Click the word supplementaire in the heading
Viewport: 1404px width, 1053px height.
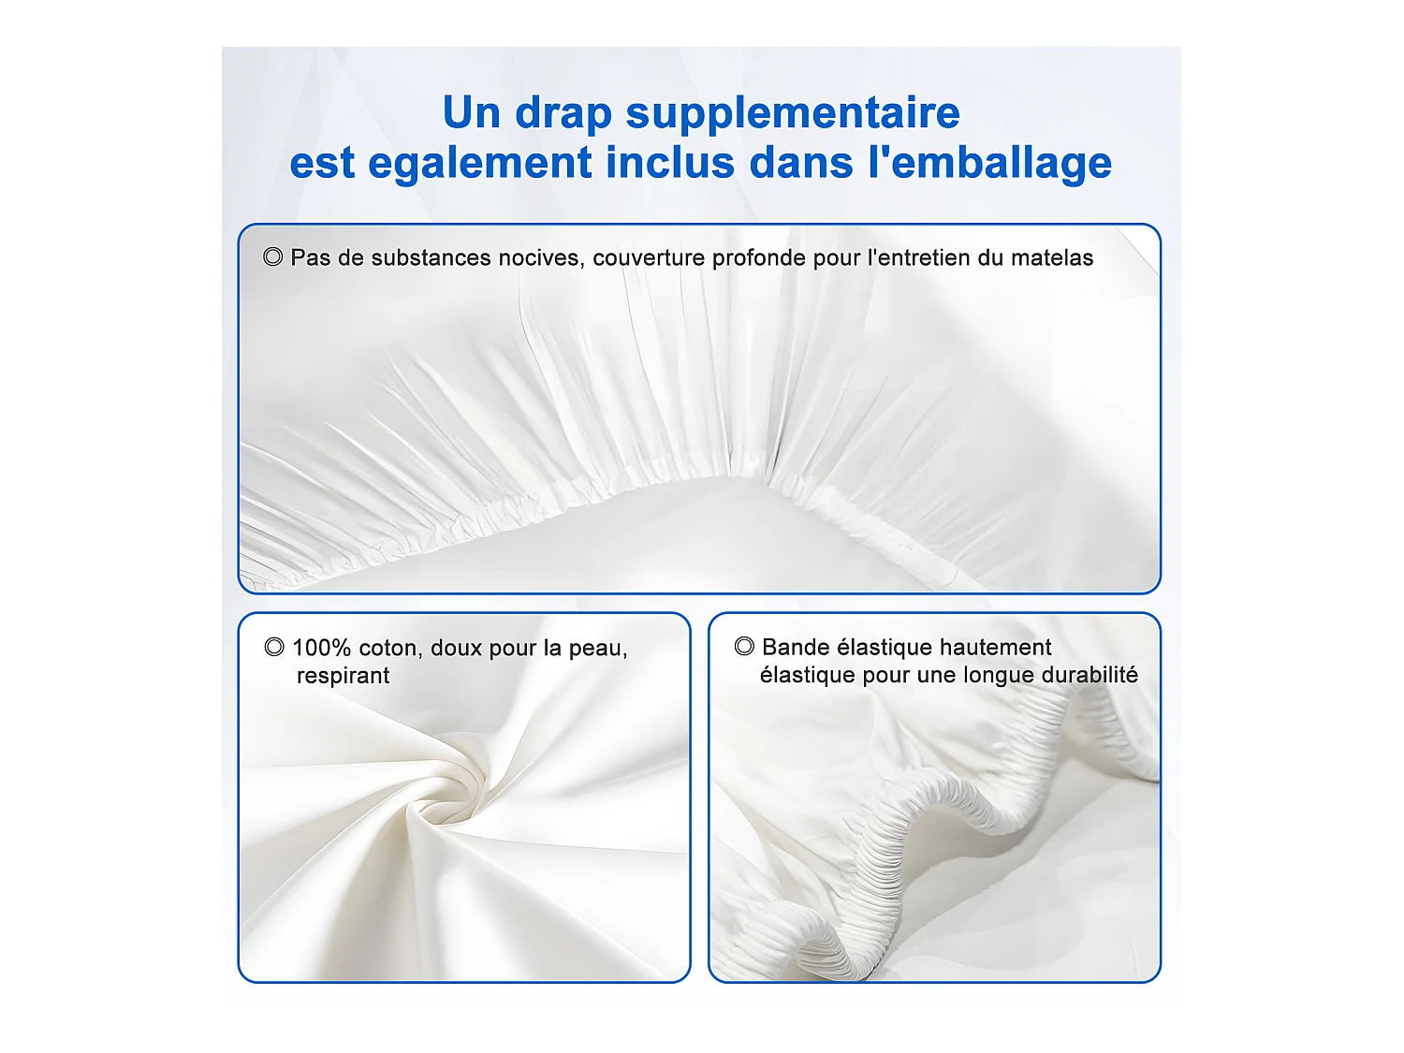793,114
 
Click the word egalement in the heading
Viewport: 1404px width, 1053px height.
479,165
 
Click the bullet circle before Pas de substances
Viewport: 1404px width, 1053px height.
273,256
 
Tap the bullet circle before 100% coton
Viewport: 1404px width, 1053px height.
274,647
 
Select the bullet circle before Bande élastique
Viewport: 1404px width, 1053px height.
744,646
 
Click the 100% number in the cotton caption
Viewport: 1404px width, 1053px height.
321,648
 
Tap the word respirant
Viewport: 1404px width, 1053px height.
343,676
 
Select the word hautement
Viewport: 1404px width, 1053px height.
995,647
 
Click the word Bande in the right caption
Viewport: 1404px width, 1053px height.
796,647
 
